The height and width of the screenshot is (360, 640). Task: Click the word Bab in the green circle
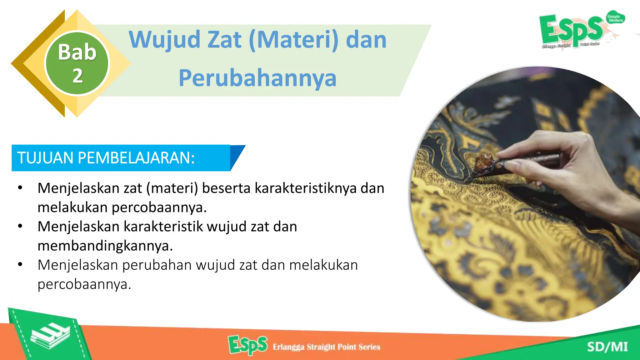pyautogui.click(x=77, y=52)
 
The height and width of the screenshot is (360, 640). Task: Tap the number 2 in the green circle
pyautogui.click(x=77, y=76)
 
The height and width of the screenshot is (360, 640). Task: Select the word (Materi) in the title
pyautogui.click(x=294, y=40)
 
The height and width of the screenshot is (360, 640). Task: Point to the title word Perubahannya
pyautogui.click(x=257, y=78)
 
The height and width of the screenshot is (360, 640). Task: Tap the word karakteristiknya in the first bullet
pyautogui.click(x=305, y=188)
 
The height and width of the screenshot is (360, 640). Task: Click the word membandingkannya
pyautogui.click(x=105, y=246)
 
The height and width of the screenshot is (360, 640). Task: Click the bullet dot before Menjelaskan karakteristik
pyautogui.click(x=20, y=226)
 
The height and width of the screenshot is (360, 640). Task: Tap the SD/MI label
pyautogui.click(x=607, y=347)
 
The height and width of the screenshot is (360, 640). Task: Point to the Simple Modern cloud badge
pyautogui.click(x=615, y=18)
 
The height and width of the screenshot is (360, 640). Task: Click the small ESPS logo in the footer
pyautogui.click(x=247, y=345)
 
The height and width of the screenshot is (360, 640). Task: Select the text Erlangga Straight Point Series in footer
pyautogui.click(x=327, y=347)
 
